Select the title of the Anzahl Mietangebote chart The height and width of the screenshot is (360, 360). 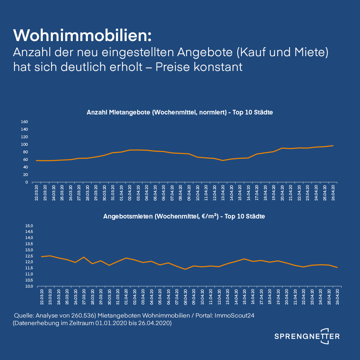pyautogui.click(x=180, y=112)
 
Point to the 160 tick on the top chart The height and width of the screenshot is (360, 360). pyautogui.click(x=24, y=122)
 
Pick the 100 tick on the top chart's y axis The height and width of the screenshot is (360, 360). pyautogui.click(x=24, y=144)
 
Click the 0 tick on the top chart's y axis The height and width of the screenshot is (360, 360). pyautogui.click(x=27, y=182)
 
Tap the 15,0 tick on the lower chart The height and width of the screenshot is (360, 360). pyautogui.click(x=29, y=226)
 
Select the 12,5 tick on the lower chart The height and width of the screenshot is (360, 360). pyautogui.click(x=29, y=256)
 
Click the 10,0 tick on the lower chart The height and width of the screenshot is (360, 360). pyautogui.click(x=29, y=287)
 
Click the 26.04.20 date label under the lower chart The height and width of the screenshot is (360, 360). pyautogui.click(x=337, y=297)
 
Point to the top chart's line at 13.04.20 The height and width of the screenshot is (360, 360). pyautogui.click(x=223, y=161)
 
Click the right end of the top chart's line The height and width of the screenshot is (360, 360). pyautogui.click(x=333, y=146)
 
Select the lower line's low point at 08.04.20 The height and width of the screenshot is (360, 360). pyautogui.click(x=185, y=269)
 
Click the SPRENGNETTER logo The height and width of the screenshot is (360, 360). pyautogui.click(x=307, y=336)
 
